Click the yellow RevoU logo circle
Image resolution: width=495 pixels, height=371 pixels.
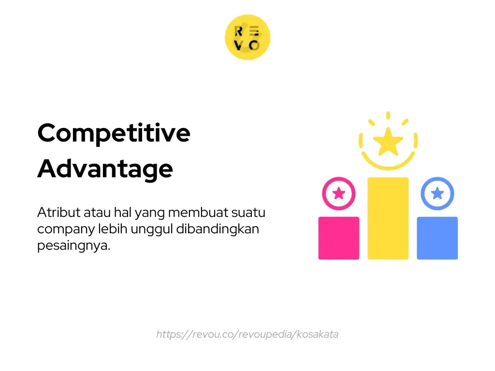[x=247, y=37]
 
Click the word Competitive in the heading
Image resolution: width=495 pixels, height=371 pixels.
[x=114, y=133]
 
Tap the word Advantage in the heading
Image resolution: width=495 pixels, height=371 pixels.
[x=105, y=169]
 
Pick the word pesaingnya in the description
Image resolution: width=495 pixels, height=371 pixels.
[x=73, y=246]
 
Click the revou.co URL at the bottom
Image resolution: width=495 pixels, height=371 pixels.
[x=247, y=334]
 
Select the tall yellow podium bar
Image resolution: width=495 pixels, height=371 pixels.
[x=388, y=218]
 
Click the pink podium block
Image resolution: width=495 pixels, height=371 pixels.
[x=338, y=238]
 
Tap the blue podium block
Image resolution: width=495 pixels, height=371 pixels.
[x=437, y=238]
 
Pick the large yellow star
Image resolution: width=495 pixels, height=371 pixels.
[x=388, y=142]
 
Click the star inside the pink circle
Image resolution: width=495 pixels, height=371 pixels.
[x=339, y=193]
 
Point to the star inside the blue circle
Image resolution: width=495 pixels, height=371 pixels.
[x=437, y=193]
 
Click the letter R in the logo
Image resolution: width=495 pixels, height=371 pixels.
[x=238, y=31]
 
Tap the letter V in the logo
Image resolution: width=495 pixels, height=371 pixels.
[x=238, y=45]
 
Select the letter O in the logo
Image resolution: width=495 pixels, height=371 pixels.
[x=255, y=45]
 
